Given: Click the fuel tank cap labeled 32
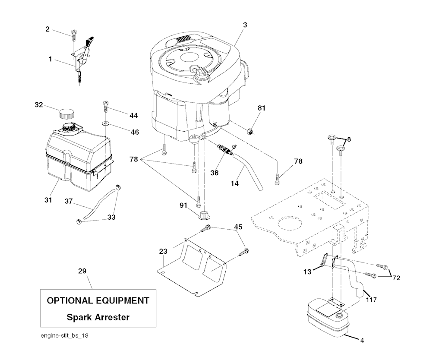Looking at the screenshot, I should pos(66,114).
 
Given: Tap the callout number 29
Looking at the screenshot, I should pos(82,271).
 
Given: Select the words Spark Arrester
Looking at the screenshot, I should pos(98,317).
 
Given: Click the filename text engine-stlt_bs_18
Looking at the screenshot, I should pos(65,335).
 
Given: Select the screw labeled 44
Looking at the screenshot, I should pos(105,105).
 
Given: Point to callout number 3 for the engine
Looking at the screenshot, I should pos(245,25).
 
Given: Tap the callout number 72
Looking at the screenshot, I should pos(396,278).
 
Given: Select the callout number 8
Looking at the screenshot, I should pos(349,139).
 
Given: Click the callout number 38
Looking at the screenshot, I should pos(214,173).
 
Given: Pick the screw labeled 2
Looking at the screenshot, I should pos(74,35).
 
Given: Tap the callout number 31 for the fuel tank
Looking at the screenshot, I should pos(48,200).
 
